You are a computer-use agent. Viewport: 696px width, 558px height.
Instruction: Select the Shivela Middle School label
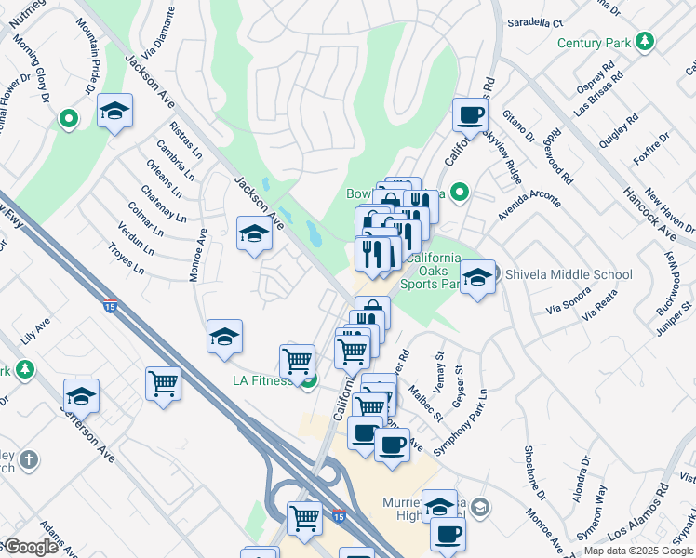click(x=568, y=274)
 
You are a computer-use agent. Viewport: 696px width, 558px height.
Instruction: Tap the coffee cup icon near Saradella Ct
click(x=470, y=116)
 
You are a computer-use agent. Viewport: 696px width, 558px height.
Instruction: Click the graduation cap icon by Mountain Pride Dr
click(x=114, y=112)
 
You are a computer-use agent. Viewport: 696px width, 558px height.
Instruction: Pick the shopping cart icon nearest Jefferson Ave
click(x=163, y=382)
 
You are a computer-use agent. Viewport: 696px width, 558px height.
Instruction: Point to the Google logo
click(x=30, y=548)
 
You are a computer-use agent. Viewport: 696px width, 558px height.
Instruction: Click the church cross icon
click(x=29, y=459)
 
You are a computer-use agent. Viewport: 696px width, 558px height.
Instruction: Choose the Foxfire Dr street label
click(x=640, y=146)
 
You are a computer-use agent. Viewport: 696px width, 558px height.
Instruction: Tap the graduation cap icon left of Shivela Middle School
click(x=477, y=277)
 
